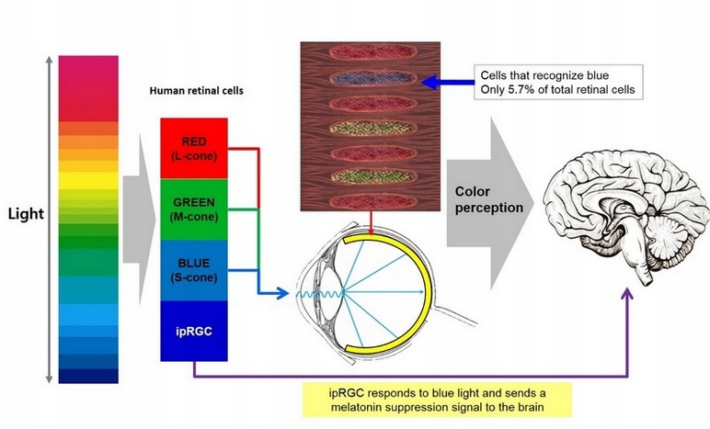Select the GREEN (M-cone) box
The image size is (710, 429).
[x=194, y=208]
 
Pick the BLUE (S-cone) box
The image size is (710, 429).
[x=194, y=271]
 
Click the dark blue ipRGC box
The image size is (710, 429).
[x=194, y=330]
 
